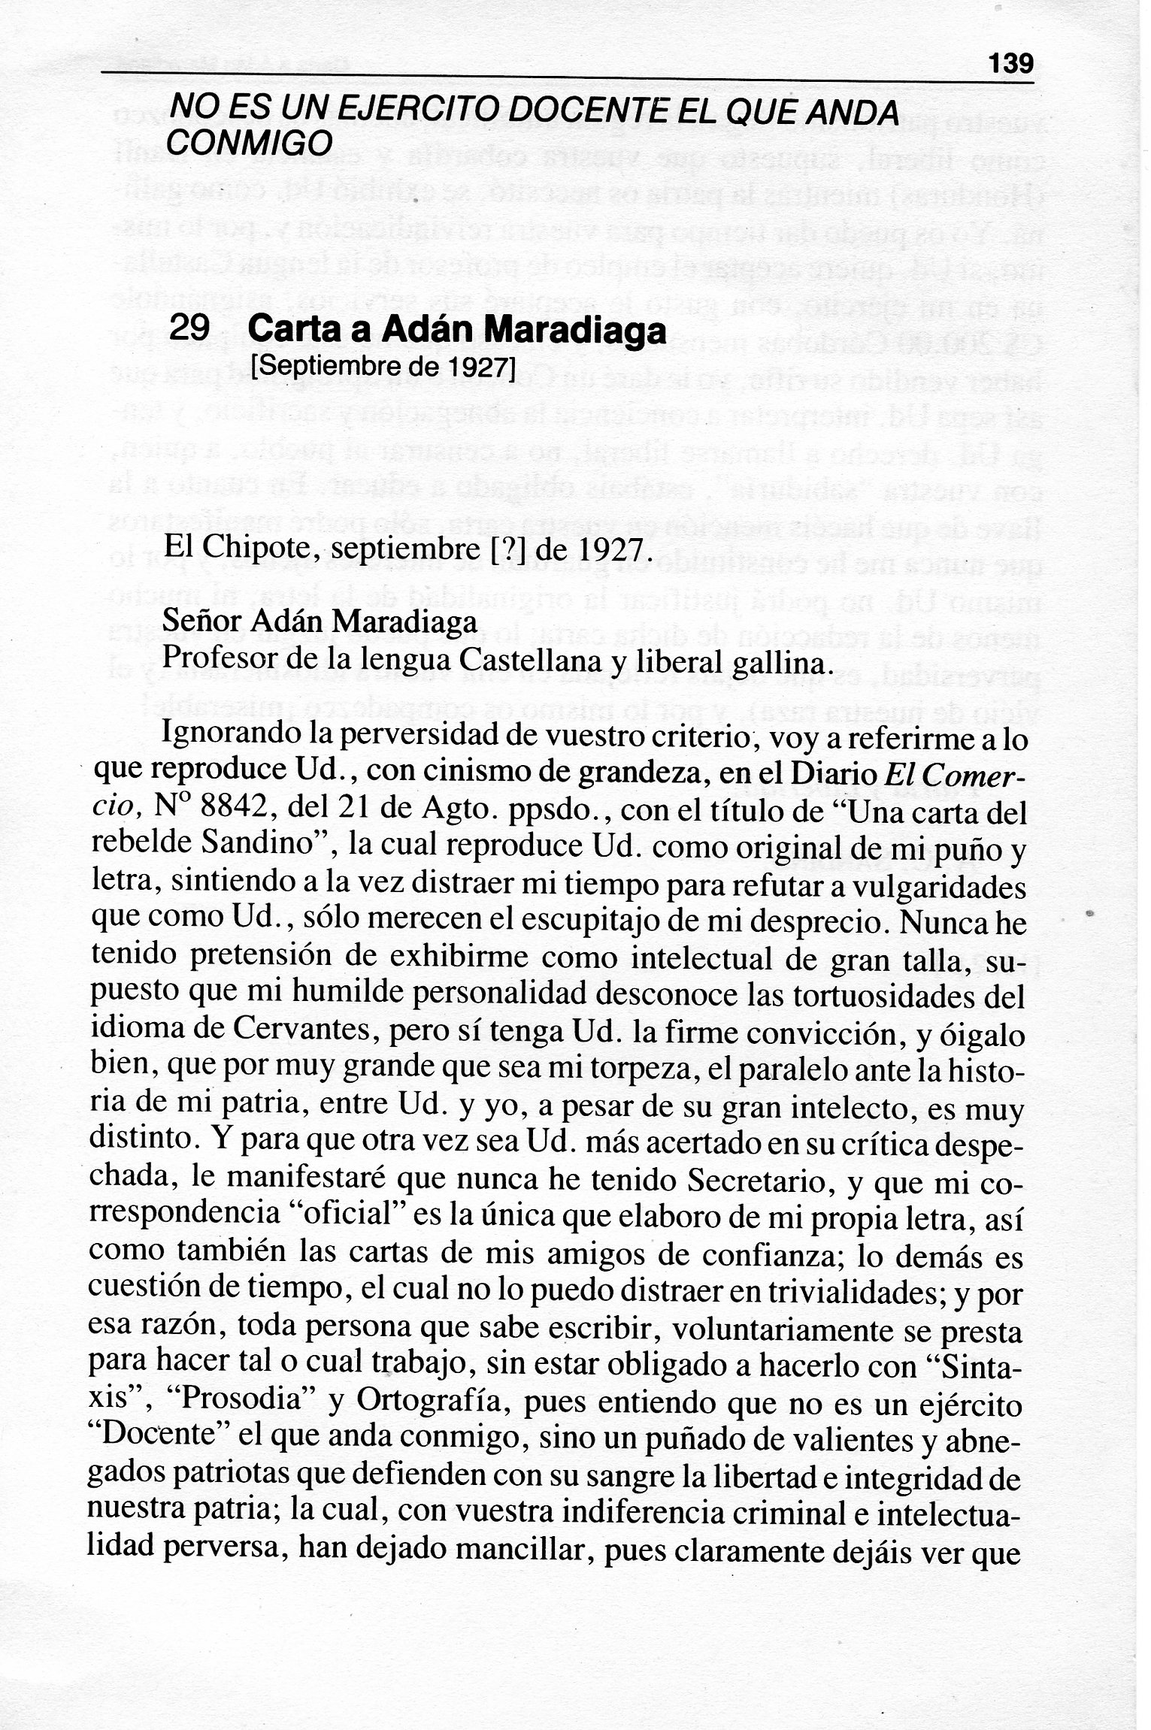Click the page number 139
tap(1011, 62)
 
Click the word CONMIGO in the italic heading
tap(248, 142)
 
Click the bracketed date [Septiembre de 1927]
tap(383, 367)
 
